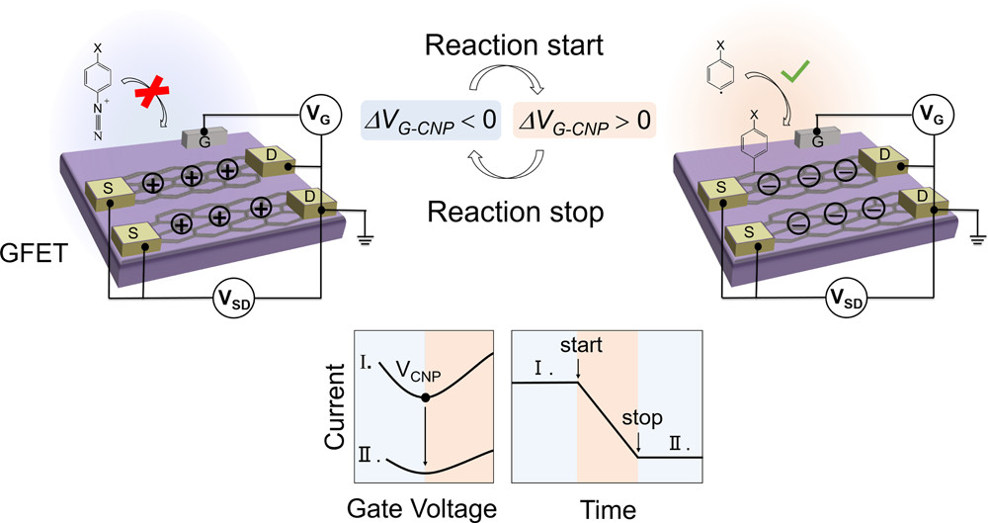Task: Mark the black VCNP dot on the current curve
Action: point(425,397)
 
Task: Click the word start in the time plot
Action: point(580,348)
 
